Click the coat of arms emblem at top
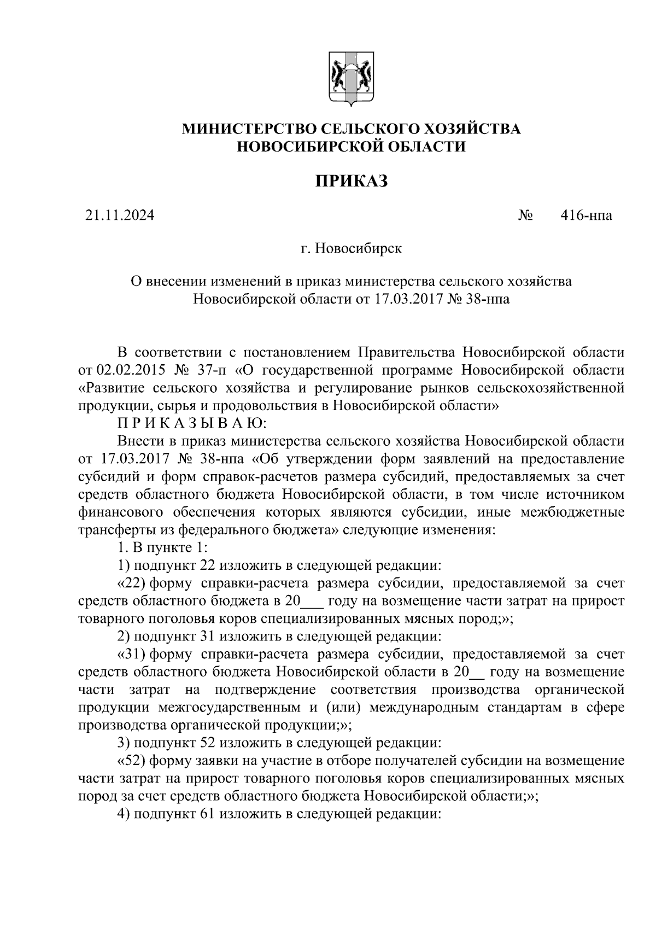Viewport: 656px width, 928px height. [x=351, y=78]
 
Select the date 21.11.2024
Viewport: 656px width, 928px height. [x=120, y=215]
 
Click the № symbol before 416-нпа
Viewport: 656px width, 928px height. [x=525, y=215]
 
